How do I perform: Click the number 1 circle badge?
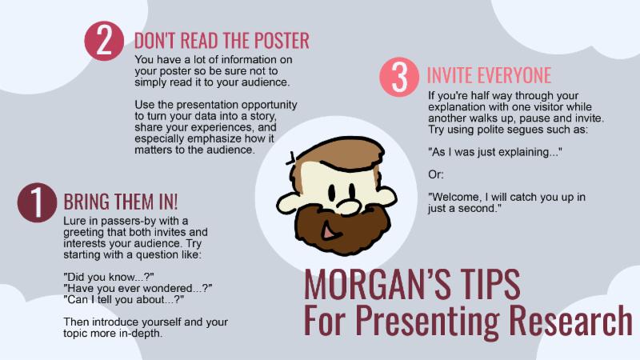(37, 202)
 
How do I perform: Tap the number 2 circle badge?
(104, 41)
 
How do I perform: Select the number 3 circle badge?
(399, 77)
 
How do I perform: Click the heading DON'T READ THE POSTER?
(222, 41)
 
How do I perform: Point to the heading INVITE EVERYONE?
(489, 75)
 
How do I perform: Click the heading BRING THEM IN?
(121, 202)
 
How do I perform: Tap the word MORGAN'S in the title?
(376, 285)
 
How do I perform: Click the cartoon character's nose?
(347, 206)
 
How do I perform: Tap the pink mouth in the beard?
(330, 231)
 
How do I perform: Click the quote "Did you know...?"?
(109, 277)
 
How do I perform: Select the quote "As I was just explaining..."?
(494, 152)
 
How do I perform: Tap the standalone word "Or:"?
(435, 174)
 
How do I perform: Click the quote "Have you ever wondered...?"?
(138, 288)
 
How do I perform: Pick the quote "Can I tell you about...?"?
(124, 299)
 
